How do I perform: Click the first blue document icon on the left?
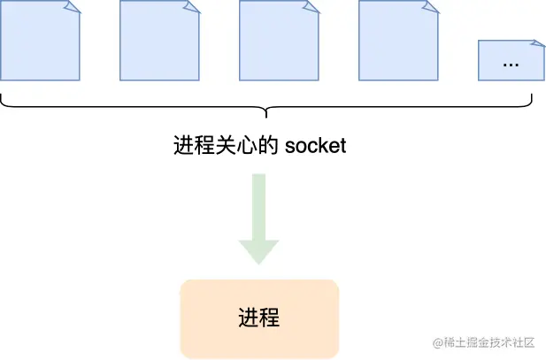coord(40,41)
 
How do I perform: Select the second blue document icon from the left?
coord(159,41)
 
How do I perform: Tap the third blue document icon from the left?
coord(279,41)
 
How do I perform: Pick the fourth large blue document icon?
coord(398,41)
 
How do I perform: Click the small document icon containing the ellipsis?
coord(511,60)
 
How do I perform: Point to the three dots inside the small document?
coord(511,64)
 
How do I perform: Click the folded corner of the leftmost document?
coord(73,6)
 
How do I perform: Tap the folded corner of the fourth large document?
coord(431,6)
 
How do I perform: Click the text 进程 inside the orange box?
coord(258,318)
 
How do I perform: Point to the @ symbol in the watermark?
coord(436,342)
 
